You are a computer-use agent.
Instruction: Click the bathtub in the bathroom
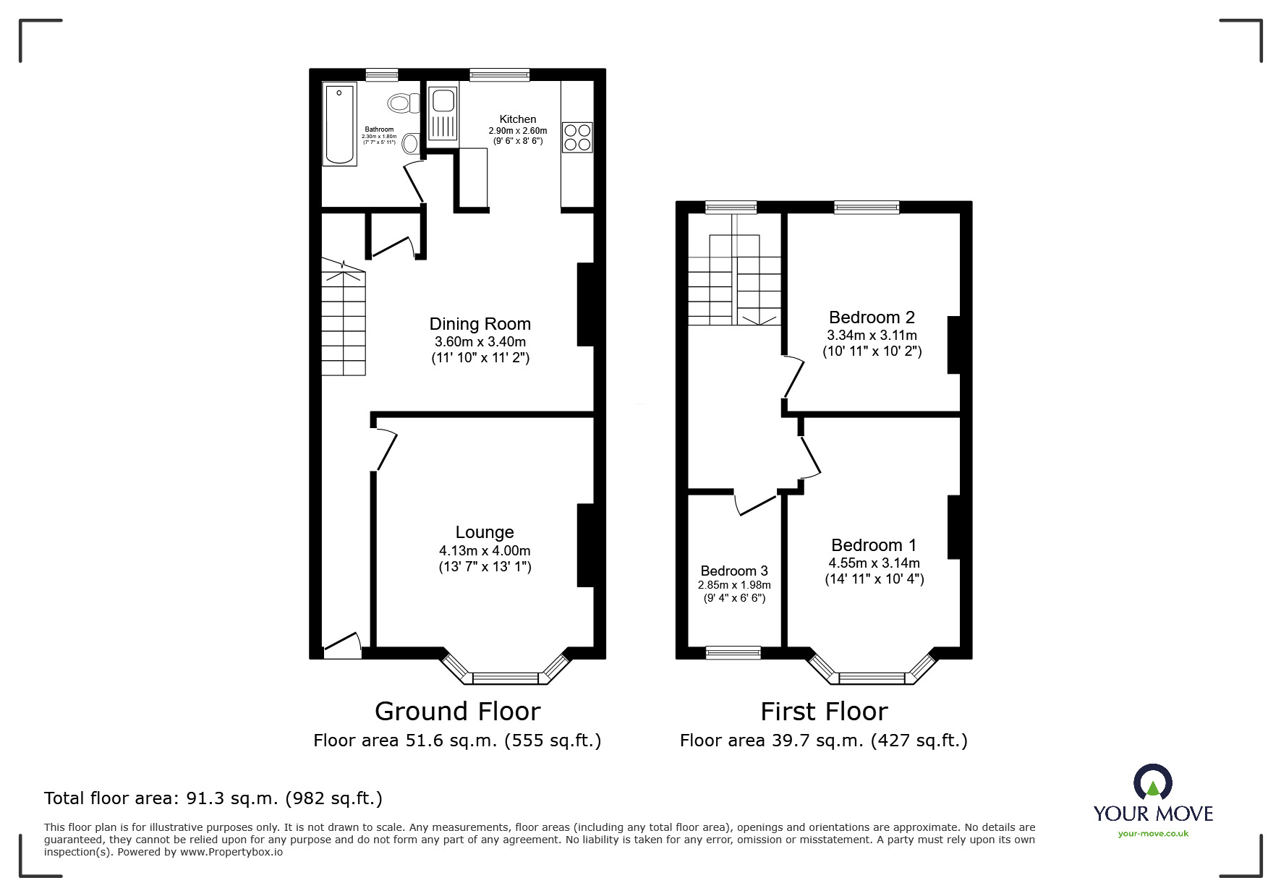click(339, 124)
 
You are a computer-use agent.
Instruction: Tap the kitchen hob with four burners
click(577, 137)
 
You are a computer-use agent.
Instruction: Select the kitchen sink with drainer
click(442, 114)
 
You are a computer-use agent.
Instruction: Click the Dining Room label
click(480, 324)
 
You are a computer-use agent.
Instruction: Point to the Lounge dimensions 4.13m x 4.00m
click(485, 550)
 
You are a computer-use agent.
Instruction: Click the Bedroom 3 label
click(734, 571)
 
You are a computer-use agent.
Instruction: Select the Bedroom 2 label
click(872, 317)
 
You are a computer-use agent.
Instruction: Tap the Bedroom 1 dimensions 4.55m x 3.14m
click(874, 563)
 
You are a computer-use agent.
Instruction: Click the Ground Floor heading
click(457, 712)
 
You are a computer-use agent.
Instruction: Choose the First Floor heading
click(824, 712)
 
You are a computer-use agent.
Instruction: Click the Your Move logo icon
click(1152, 782)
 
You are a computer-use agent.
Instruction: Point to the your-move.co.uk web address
click(1153, 834)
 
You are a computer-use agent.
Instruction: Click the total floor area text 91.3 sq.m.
click(213, 798)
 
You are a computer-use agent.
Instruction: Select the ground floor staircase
click(344, 322)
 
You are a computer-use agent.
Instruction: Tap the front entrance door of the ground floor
click(342, 645)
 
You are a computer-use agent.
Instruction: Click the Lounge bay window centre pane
click(506, 678)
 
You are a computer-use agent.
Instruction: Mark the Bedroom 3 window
click(733, 652)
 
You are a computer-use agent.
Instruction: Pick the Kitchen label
click(518, 119)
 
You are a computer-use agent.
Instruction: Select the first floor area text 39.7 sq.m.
click(823, 741)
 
